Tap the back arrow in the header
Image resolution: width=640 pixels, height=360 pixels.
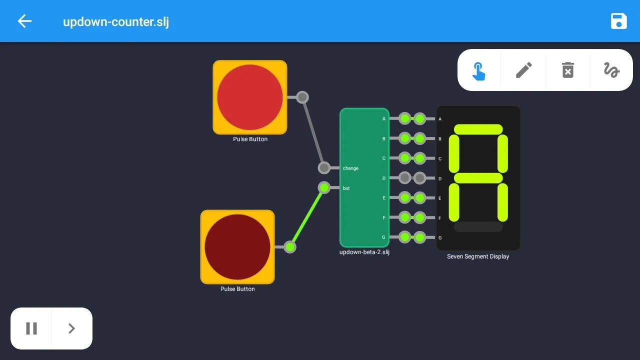(x=24, y=21)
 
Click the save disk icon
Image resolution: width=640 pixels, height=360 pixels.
(x=618, y=21)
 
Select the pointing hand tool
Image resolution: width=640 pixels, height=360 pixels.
(x=479, y=70)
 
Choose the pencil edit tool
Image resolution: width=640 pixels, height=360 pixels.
(x=523, y=70)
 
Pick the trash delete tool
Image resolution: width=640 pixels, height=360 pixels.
(x=568, y=70)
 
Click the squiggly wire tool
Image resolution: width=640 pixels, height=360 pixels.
(x=611, y=70)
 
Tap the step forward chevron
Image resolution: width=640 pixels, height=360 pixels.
(x=71, y=328)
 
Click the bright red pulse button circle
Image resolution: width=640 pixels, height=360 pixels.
(x=250, y=97)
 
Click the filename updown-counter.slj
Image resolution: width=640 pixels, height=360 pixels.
(x=116, y=22)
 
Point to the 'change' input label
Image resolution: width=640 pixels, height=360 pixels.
(x=350, y=168)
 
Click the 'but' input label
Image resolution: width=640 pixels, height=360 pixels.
(x=346, y=188)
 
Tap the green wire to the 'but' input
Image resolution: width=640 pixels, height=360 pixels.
(x=307, y=217)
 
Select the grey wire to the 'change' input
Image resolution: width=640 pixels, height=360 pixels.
(x=313, y=132)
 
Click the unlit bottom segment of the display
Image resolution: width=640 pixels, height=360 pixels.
(x=478, y=227)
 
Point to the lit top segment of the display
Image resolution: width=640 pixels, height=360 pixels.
(x=478, y=129)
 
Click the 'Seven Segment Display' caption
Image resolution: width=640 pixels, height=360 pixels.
(x=478, y=256)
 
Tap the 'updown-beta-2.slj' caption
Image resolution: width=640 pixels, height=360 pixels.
(x=364, y=252)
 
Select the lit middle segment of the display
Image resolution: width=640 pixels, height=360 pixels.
(x=478, y=178)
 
